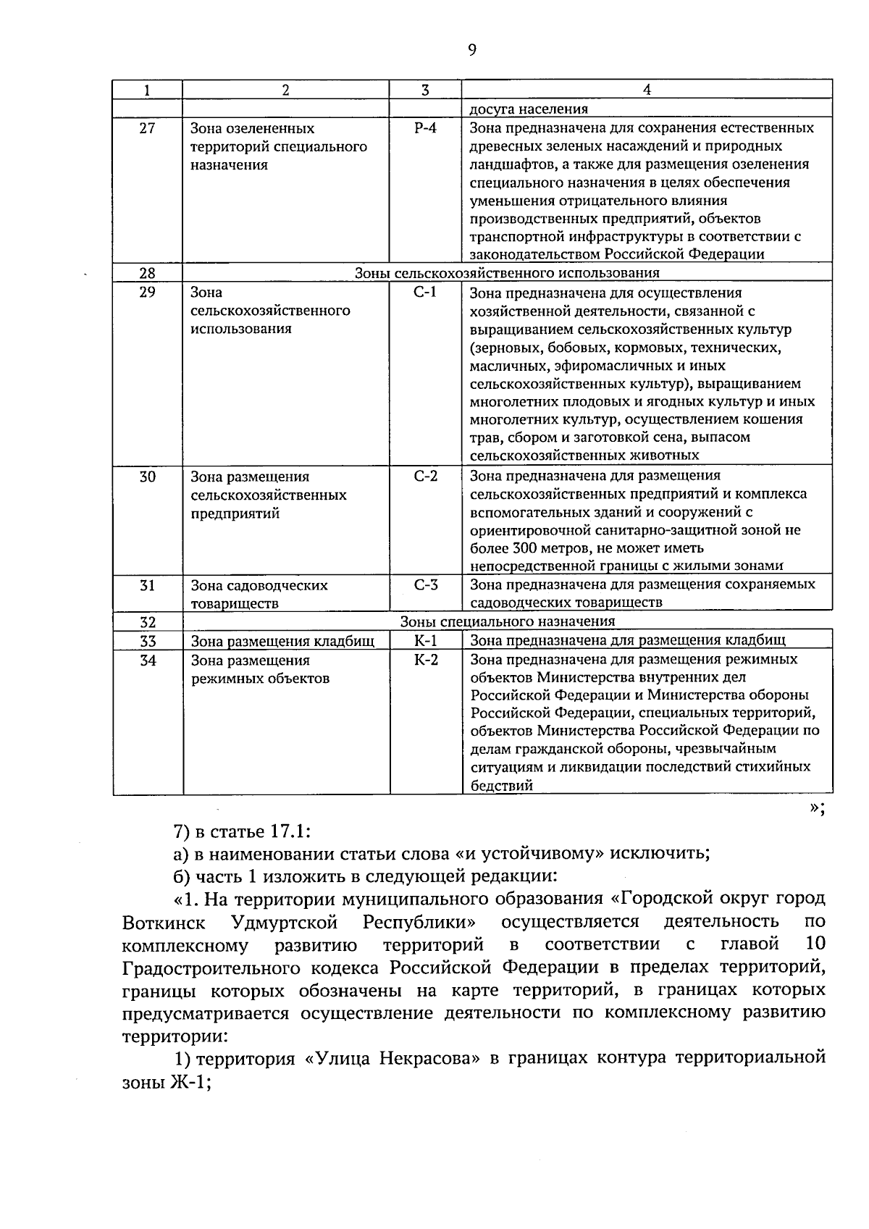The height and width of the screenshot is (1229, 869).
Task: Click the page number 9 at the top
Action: point(471,50)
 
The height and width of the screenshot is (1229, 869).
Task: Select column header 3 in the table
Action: point(425,90)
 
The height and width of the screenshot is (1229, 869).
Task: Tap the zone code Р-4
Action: point(425,128)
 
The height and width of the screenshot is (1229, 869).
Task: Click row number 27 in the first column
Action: point(147,129)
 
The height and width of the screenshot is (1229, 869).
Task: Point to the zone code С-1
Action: point(425,293)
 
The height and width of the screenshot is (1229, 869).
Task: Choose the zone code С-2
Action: point(425,477)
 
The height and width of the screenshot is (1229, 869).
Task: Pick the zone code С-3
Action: point(425,585)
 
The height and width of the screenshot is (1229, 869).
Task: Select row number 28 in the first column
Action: point(147,273)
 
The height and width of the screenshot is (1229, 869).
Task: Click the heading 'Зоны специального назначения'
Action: point(507,621)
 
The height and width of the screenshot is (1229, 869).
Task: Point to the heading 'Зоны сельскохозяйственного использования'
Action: point(507,273)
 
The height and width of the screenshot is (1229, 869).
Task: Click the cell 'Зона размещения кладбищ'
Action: point(282,641)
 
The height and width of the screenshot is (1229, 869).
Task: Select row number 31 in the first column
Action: point(147,585)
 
